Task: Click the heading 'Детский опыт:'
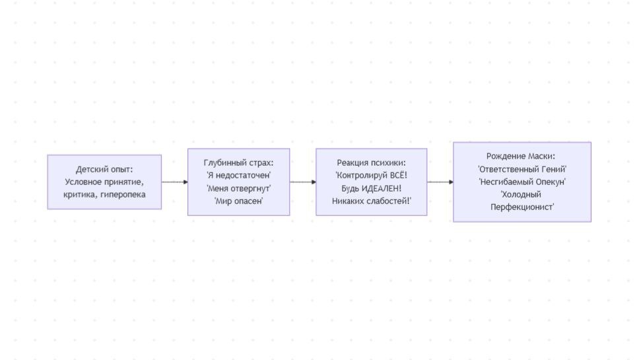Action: [x=104, y=169]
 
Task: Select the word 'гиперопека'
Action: [x=123, y=194]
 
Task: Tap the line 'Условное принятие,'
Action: [x=104, y=182]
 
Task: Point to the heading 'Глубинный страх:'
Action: [x=238, y=162]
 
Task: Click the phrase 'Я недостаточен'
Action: [x=239, y=175]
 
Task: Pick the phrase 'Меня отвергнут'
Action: [x=239, y=188]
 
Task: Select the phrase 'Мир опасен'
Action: [x=239, y=201]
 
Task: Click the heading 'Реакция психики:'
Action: [x=371, y=162]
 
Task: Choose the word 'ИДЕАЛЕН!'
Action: [x=382, y=188]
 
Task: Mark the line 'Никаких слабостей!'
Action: [x=372, y=201]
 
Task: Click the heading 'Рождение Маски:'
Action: [x=521, y=156]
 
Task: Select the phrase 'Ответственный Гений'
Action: [x=522, y=169]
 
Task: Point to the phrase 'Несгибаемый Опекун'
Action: [x=522, y=182]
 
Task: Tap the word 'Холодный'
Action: [x=521, y=194]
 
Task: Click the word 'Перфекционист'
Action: [x=521, y=207]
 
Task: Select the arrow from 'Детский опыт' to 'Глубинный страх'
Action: [x=175, y=182]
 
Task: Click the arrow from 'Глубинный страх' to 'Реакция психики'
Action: [x=303, y=182]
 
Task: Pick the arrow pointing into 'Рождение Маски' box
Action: [x=440, y=182]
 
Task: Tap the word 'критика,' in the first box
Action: [x=80, y=194]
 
